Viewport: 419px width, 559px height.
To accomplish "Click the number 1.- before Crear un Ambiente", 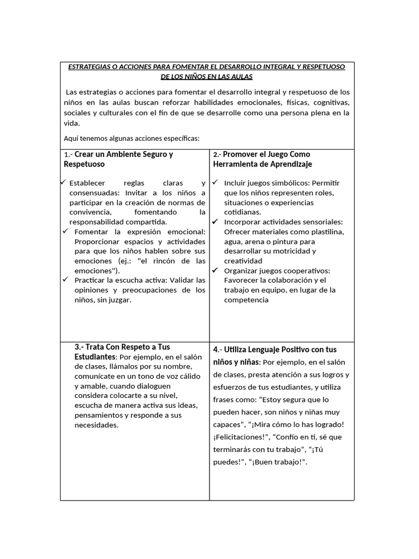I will click(x=68, y=154).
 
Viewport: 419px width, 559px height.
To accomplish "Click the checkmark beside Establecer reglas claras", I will click(x=64, y=182).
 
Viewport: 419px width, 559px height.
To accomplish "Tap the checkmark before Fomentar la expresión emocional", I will click(x=65, y=231).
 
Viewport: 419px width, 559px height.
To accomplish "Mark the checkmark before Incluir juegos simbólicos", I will click(x=215, y=182).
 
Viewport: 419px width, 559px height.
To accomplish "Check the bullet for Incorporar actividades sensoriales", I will click(x=215, y=222).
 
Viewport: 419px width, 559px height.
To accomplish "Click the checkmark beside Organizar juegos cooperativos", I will click(x=215, y=271).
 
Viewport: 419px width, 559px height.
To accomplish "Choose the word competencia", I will click(x=246, y=300).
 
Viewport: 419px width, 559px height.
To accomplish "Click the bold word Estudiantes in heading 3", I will click(x=95, y=357).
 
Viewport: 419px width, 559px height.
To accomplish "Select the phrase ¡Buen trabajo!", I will click(x=279, y=462).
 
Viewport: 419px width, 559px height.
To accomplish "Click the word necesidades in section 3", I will click(x=96, y=425).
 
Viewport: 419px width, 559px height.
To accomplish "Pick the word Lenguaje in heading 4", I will click(x=268, y=349).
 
